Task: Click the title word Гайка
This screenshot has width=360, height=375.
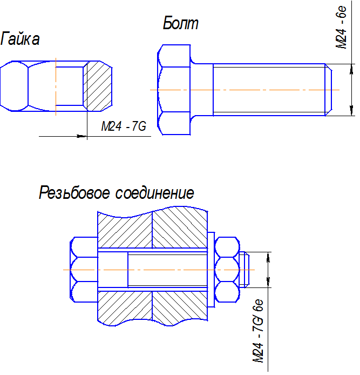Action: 20,38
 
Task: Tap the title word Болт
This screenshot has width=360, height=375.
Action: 181,23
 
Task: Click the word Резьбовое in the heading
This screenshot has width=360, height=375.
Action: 74,193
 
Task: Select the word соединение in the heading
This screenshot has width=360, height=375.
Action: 155,193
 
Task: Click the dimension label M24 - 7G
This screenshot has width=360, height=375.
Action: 124,126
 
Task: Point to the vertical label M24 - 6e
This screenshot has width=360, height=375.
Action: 341,27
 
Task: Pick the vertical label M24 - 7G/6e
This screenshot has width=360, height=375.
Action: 258,331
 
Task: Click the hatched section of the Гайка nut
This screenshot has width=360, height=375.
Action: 98,86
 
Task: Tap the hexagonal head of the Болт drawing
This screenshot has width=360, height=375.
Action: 174,90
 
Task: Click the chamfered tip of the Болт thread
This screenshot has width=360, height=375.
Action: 329,90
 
